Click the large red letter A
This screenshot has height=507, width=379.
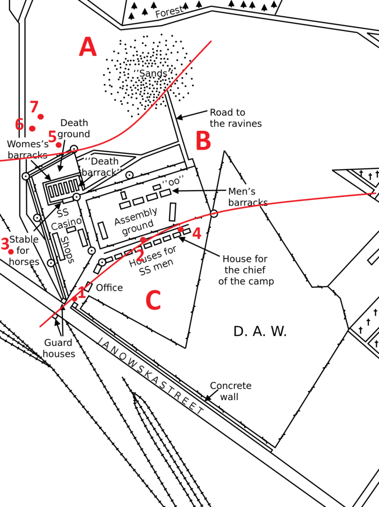88,48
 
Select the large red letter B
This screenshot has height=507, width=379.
203,142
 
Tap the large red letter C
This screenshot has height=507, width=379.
153,301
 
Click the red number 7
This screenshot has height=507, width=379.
34,106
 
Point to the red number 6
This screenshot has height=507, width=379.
19,124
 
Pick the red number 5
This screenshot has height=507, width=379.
52,136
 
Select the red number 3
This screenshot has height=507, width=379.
5,244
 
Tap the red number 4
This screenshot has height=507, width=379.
197,233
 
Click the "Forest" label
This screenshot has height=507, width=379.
169,12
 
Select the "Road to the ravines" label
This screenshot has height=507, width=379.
236,118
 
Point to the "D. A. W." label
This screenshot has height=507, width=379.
260,332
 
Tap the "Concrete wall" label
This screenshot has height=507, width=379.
231,391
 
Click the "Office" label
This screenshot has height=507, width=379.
109,288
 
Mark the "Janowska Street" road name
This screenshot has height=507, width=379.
150,376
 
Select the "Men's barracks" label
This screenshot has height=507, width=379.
247,197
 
